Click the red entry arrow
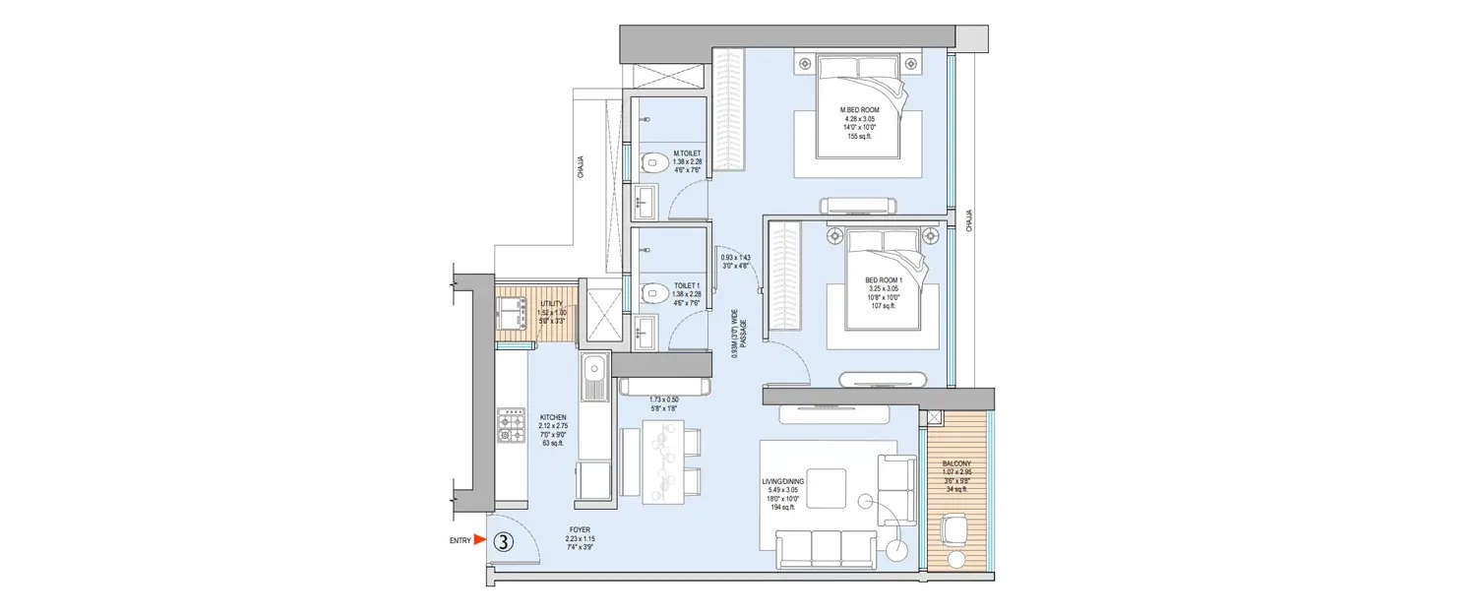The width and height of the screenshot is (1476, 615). [x=479, y=539]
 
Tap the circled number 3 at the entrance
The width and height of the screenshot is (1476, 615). [x=503, y=542]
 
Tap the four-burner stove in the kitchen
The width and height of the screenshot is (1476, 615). [x=512, y=424]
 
